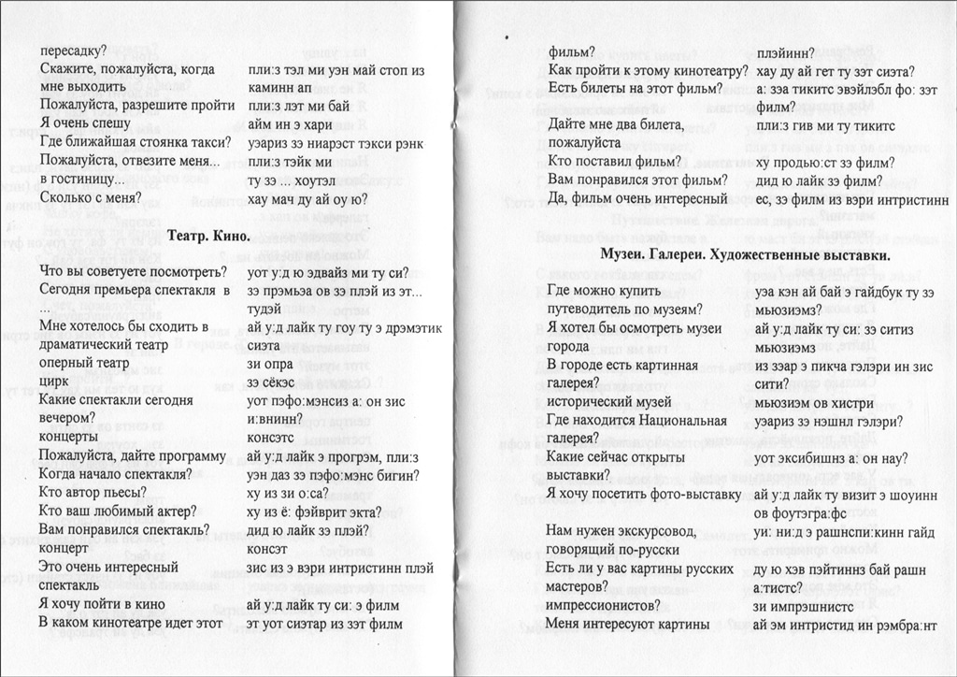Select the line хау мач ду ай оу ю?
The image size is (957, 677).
308,198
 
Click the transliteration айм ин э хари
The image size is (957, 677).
291,123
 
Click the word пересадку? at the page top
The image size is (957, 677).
74,50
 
